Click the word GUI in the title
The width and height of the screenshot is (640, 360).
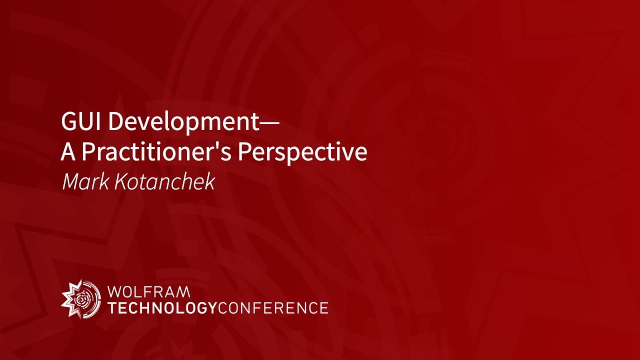(80, 121)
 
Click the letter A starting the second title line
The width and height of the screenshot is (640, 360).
(68, 152)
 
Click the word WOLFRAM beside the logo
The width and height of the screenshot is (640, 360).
(148, 291)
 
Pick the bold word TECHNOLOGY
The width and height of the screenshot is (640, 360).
(162, 307)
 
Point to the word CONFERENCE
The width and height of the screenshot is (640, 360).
(273, 307)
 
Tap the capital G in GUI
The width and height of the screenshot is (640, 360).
(68, 121)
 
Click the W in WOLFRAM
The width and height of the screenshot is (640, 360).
(114, 291)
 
